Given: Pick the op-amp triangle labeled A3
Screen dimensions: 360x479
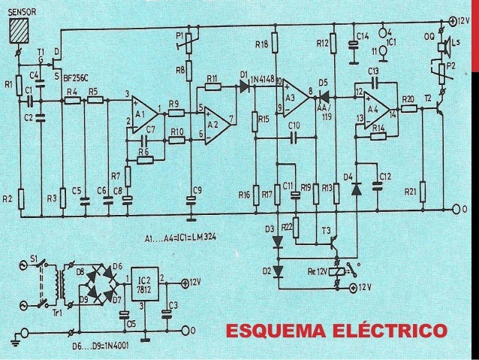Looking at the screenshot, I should click(294, 96).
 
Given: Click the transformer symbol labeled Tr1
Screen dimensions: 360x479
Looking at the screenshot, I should click(56, 287).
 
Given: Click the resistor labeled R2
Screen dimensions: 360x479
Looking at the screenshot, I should click(21, 199).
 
